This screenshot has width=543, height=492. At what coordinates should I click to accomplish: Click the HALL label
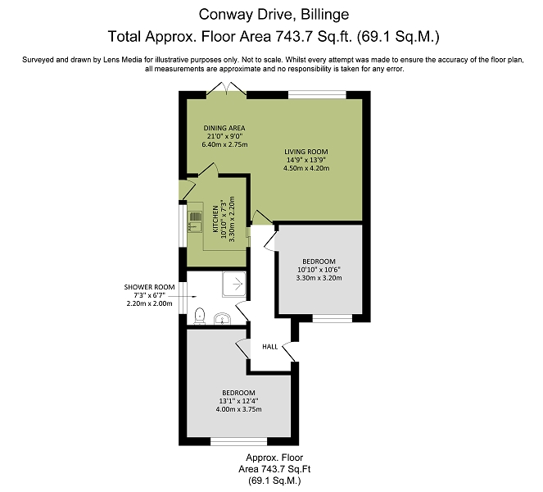(269, 346)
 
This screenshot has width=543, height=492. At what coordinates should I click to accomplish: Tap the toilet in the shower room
(200, 316)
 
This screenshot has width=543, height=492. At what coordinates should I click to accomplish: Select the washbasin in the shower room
(222, 319)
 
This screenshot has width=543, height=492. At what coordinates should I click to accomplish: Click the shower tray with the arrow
(234, 285)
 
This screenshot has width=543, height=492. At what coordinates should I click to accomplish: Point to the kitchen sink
(195, 221)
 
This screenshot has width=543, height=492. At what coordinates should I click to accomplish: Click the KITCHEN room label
(215, 219)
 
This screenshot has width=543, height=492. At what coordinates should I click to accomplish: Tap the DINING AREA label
(224, 128)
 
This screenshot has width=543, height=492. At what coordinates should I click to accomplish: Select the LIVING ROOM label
(306, 152)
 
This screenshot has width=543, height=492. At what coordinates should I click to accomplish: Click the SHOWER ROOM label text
(149, 287)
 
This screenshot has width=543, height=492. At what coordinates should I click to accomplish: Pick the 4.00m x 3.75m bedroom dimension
(238, 409)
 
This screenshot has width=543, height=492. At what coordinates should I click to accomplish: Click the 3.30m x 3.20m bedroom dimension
(319, 278)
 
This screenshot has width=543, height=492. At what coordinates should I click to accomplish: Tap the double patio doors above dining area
(227, 89)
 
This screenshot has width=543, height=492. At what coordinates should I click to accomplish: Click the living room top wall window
(317, 94)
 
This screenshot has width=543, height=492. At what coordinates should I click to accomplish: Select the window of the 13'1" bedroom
(239, 441)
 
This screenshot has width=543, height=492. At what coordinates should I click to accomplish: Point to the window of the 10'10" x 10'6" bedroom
(332, 318)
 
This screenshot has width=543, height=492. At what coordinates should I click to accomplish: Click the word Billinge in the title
(325, 15)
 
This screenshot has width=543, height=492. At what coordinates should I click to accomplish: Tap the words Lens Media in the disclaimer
(123, 60)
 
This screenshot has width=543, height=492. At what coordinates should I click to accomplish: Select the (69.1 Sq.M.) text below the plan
(274, 481)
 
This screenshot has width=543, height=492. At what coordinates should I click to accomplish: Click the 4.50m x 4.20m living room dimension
(306, 168)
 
